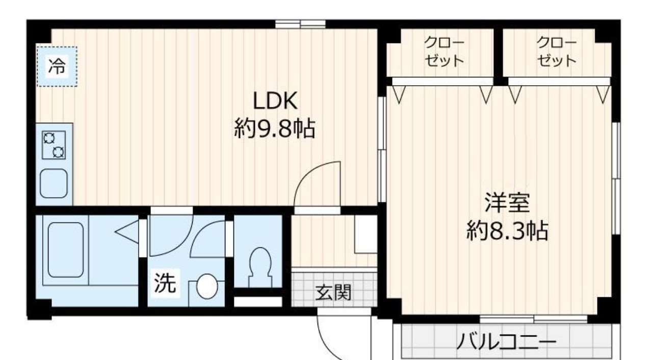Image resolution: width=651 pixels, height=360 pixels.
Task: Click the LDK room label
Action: [275, 101]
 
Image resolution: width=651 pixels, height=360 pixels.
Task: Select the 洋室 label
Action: [507, 203]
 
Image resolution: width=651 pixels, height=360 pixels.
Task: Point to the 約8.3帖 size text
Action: [507, 232]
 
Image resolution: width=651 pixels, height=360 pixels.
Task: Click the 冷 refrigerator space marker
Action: [57, 66]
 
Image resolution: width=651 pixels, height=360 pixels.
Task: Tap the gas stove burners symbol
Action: [54, 144]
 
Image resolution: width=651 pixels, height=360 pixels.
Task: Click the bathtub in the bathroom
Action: [65, 250]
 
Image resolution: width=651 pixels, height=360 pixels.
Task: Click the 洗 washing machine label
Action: [165, 284]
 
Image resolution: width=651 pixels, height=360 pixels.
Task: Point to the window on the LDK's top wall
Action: [300, 23]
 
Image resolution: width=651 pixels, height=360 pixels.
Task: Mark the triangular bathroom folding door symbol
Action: [128, 232]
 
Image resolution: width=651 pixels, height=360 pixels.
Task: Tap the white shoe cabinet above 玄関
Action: [365, 234]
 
